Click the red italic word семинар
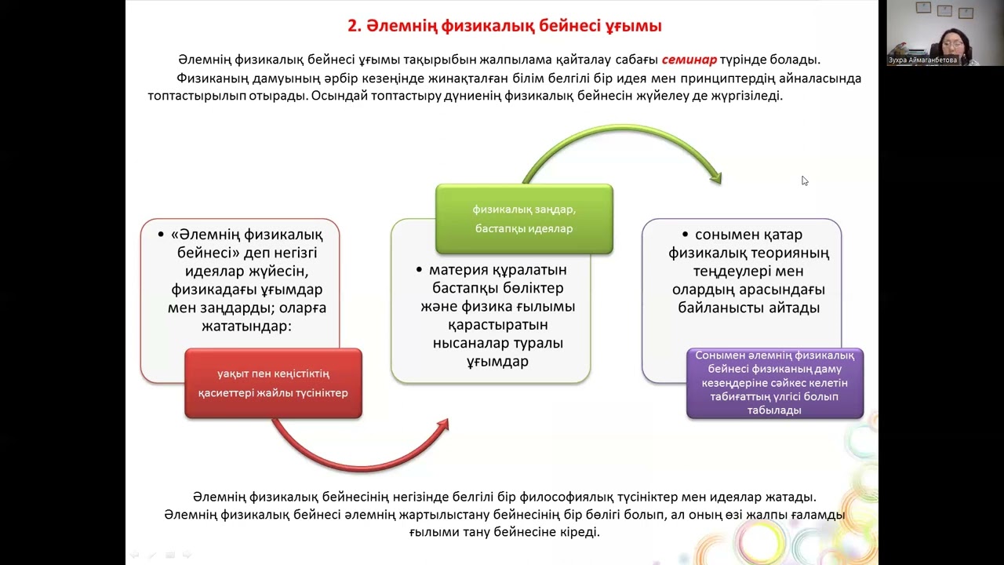tap(689, 60)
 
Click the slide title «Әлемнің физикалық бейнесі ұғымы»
tap(504, 26)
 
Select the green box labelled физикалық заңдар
tap(524, 219)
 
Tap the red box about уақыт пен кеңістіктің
tap(273, 384)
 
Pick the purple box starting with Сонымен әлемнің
tap(774, 384)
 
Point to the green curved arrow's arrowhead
tap(716, 178)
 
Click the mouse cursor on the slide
tap(805, 180)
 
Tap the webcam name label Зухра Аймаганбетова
tap(922, 60)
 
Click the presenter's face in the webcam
tap(952, 43)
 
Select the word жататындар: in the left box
tap(246, 326)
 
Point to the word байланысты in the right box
tap(721, 308)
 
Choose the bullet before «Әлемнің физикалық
tap(161, 235)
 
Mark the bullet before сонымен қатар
tap(685, 235)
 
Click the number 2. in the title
tap(354, 26)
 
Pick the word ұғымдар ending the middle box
tap(497, 362)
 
